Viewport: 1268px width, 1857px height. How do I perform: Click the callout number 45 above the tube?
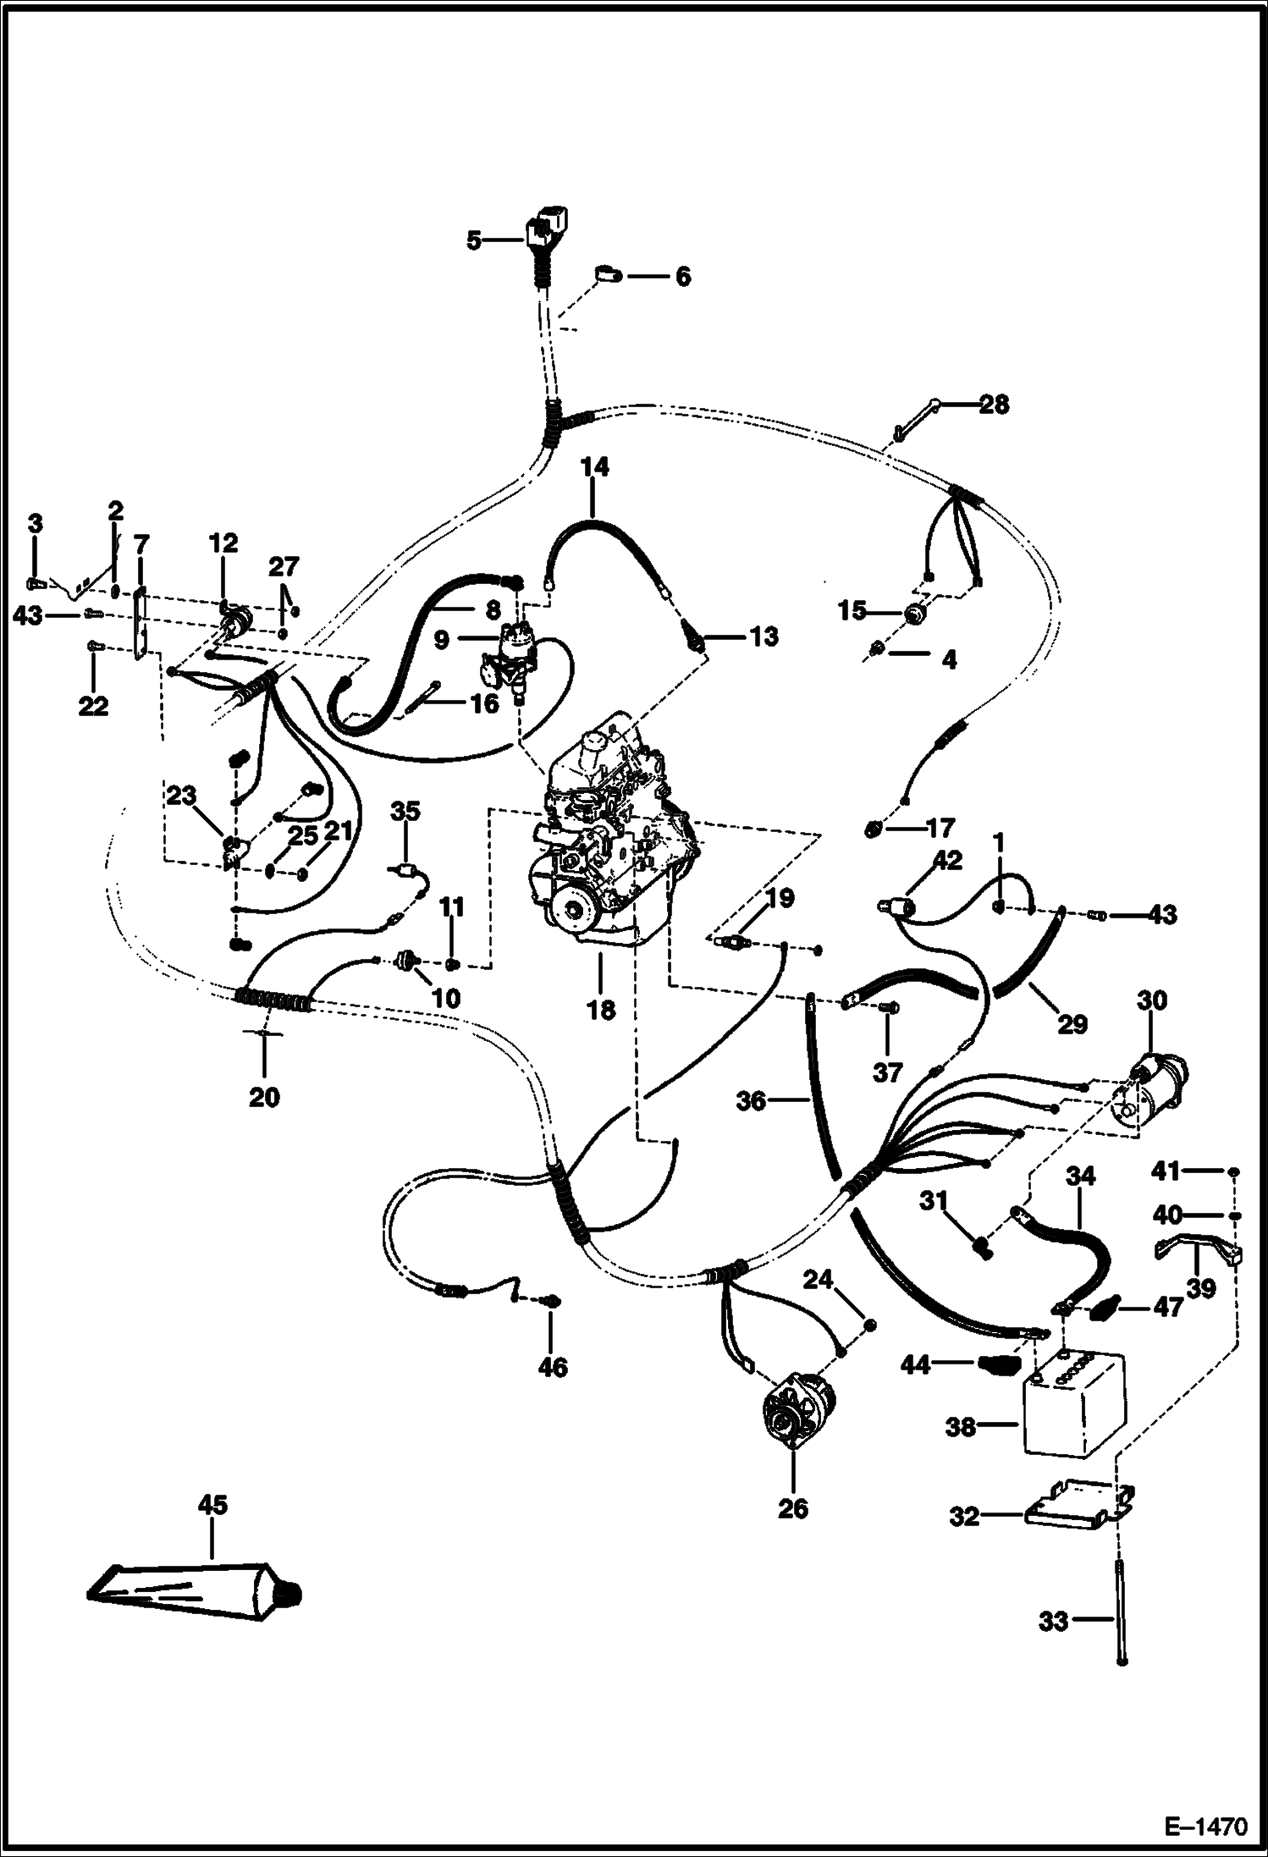click(x=212, y=1504)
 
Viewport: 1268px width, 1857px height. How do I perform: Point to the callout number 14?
click(x=595, y=466)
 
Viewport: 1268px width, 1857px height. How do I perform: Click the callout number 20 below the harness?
click(x=264, y=1098)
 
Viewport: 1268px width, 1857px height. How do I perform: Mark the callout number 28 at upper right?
click(x=995, y=405)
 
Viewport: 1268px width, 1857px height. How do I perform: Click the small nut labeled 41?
click(x=1235, y=1171)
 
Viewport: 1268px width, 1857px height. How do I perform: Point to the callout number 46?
click(x=553, y=1368)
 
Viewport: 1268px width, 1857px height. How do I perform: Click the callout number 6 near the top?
click(x=682, y=276)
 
